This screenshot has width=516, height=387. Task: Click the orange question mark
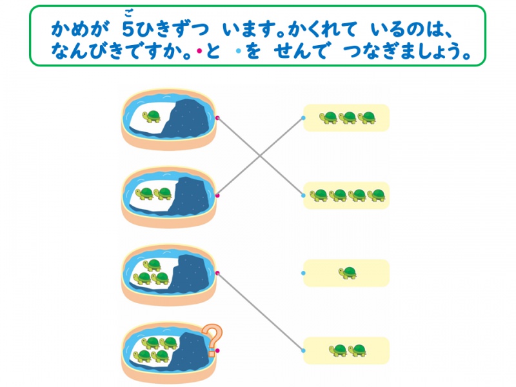click(x=210, y=340)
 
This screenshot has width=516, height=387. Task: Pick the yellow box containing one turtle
click(x=346, y=273)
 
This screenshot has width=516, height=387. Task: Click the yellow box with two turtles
click(x=346, y=350)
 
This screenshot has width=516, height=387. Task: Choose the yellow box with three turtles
click(x=346, y=117)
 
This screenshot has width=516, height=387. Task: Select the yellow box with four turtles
click(x=346, y=195)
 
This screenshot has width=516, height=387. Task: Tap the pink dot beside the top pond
click(x=219, y=118)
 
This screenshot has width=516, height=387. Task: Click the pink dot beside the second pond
click(x=219, y=195)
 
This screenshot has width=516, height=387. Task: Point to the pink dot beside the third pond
click(x=219, y=273)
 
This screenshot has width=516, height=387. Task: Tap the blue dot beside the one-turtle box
click(x=303, y=273)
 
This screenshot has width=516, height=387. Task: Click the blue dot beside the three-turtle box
click(x=303, y=118)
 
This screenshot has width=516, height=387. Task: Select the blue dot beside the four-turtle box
click(x=303, y=195)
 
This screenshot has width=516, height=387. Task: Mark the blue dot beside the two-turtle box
click(x=303, y=350)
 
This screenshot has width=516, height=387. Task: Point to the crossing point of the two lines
click(x=261, y=156)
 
